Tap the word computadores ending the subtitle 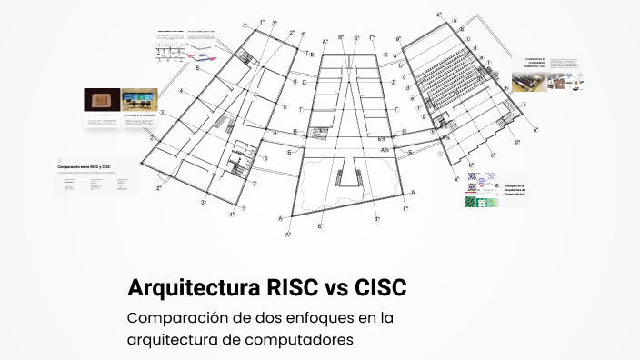[x=299, y=340]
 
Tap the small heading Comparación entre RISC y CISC [x=84, y=167]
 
